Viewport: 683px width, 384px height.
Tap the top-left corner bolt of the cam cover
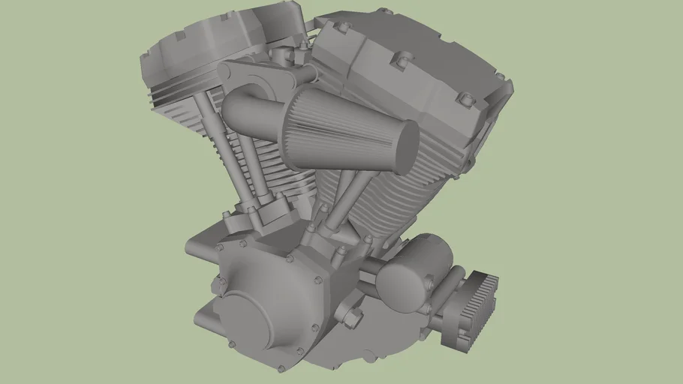coord(219,246)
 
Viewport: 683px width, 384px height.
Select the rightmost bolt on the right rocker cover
coord(498,76)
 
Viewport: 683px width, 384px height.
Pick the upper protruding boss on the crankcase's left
coord(218,286)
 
